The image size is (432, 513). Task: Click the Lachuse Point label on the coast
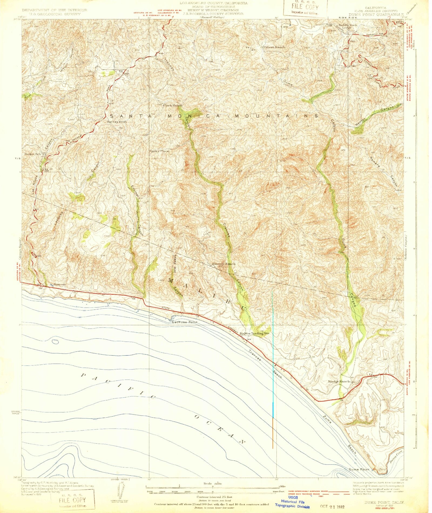pos(185,322)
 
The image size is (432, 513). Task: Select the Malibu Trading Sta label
pos(255,333)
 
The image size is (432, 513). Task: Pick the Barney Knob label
pos(117,122)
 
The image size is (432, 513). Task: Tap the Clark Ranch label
pos(173,105)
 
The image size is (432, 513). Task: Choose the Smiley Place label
pos(159,151)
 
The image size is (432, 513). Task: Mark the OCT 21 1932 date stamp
pos(332,503)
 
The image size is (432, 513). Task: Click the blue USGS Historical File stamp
pos(293,502)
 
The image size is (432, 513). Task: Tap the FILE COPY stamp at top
pos(305,8)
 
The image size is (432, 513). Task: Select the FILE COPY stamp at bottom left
pos(73,500)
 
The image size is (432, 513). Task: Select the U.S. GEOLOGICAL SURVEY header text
pos(55,14)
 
